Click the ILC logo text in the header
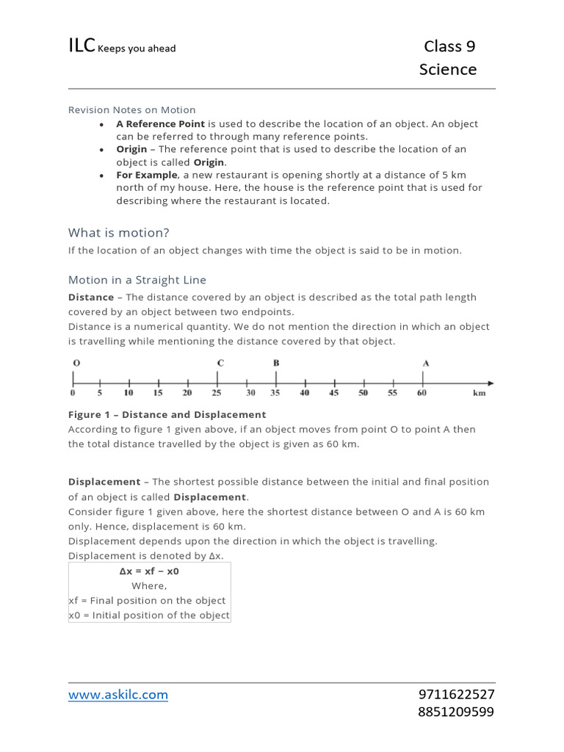pos(82,46)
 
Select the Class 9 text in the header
pos(449,47)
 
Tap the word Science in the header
pos(448,70)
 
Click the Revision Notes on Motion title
pos(132,110)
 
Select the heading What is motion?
pos(119,233)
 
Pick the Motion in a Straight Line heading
pos(137,280)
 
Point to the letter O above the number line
pos(76,363)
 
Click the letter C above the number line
pos(220,363)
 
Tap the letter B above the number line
pos(276,363)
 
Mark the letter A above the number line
pos(426,363)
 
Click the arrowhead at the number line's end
pos(490,383)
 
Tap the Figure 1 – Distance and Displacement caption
pos(167,415)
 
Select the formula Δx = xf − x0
pos(149,571)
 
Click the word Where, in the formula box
pos(149,586)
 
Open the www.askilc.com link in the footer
pos(118,695)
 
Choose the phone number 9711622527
pos(456,695)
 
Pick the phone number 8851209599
pos(456,712)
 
